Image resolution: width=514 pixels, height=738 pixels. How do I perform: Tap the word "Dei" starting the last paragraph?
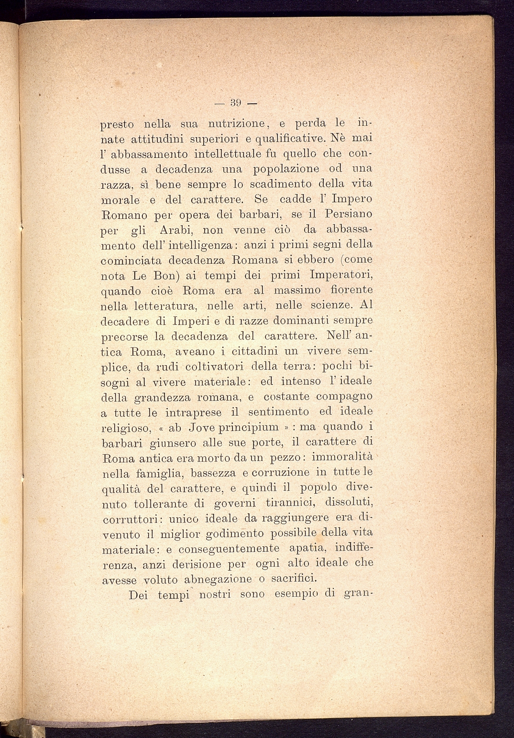(139, 595)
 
